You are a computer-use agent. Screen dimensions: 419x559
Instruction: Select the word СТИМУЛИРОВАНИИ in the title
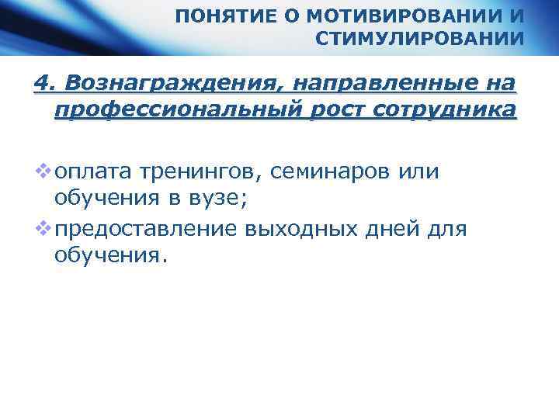(421, 39)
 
